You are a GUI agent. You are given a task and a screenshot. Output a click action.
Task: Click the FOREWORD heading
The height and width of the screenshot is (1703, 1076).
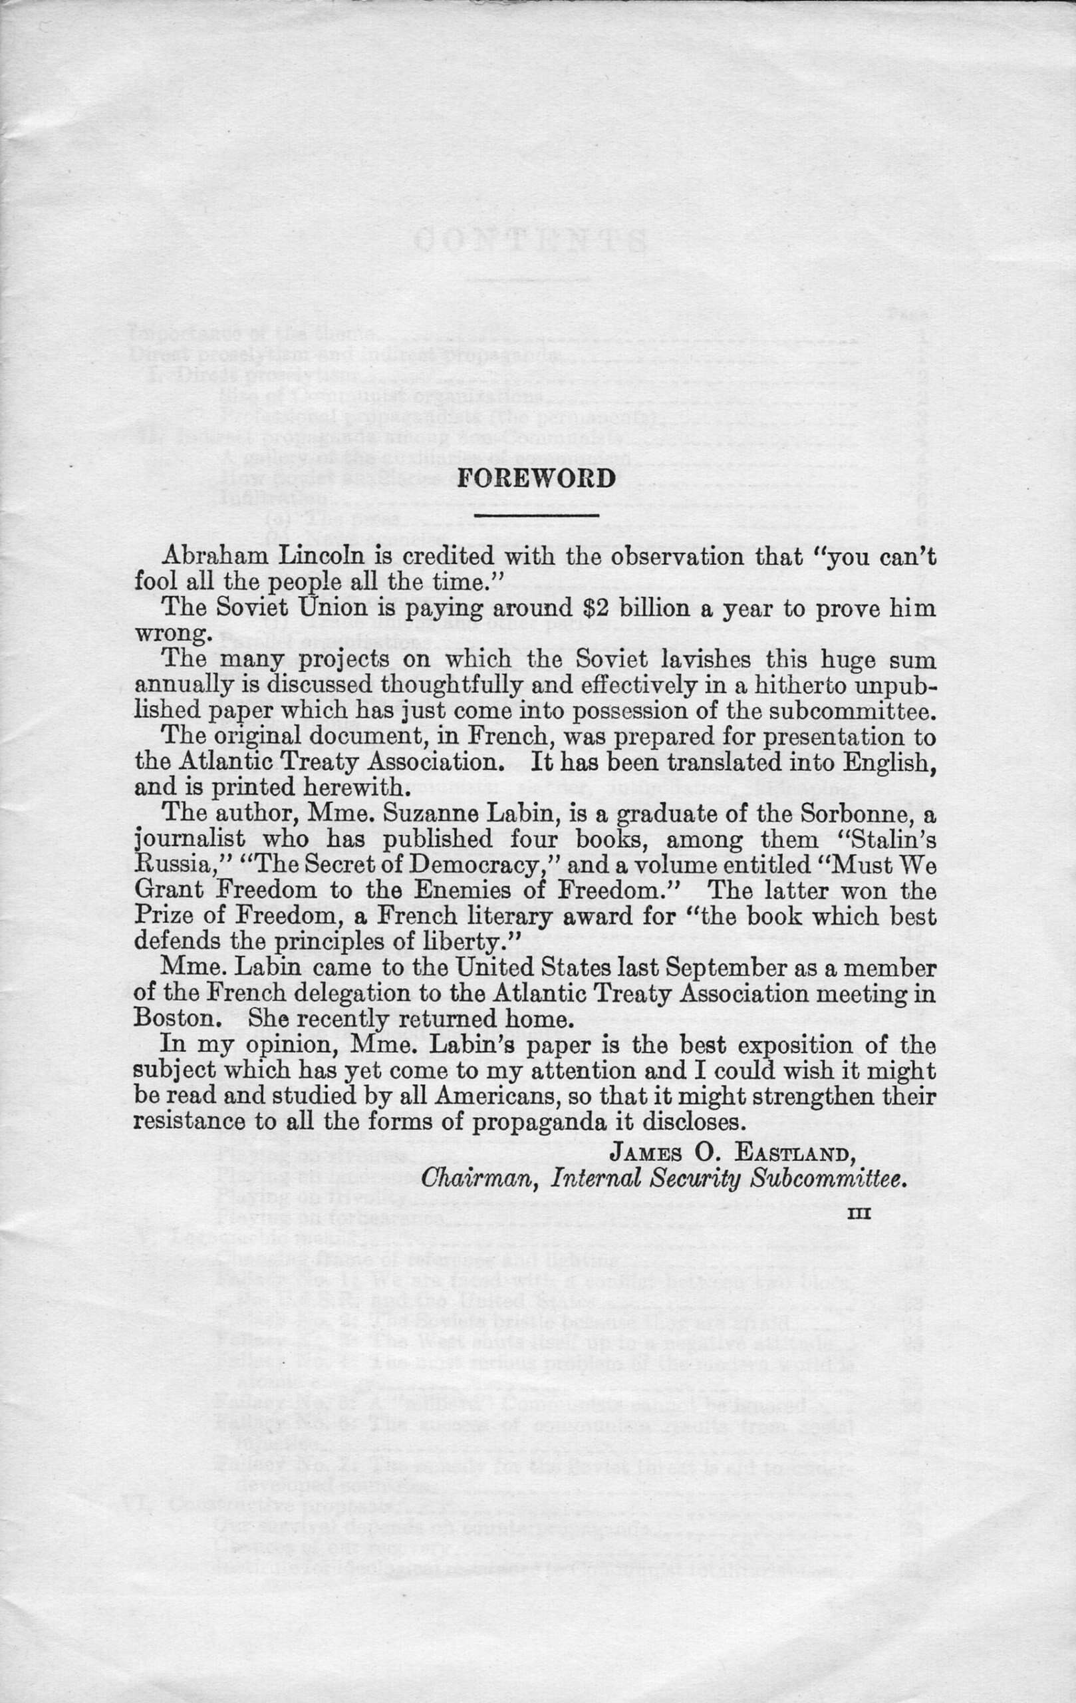537,479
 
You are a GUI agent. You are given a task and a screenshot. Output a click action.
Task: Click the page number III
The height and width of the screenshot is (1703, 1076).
859,1211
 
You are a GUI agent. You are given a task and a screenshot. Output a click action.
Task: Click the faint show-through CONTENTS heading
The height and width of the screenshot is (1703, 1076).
530,241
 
